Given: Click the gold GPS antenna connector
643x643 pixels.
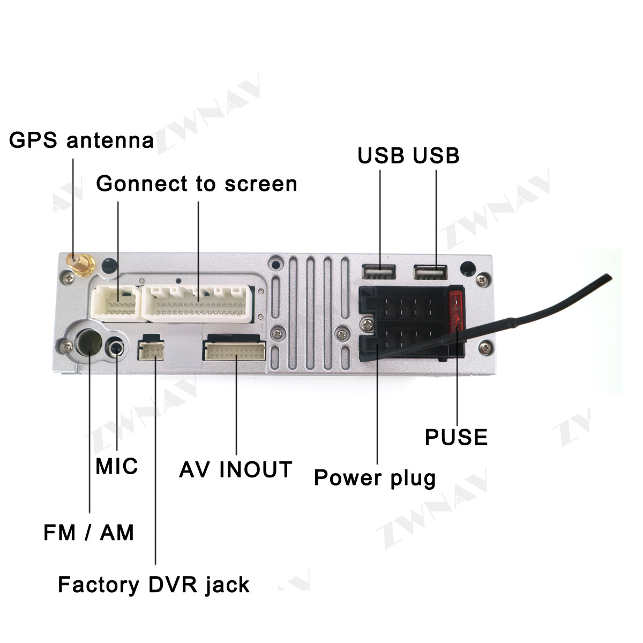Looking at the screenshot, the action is point(80,265).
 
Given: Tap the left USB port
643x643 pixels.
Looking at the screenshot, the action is point(379,272).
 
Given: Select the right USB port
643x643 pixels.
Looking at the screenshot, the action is point(430,272).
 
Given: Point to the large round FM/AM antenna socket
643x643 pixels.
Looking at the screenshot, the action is point(88,342).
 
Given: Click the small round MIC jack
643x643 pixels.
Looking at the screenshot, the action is point(115,348).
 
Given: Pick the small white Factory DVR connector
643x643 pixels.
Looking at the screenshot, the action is point(151,348).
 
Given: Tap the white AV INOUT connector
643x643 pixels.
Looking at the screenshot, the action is point(234,349).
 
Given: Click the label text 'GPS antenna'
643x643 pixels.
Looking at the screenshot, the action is point(81,140).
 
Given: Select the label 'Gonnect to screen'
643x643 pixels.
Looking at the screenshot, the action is point(197,184).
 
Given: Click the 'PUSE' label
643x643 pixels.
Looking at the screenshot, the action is point(456,437).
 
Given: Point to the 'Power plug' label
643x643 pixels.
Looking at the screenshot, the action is point(375,478).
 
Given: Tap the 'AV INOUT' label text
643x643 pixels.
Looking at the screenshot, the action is point(236,469).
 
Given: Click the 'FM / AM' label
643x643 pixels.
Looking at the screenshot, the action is point(89,532).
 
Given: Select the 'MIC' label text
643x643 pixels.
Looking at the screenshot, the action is point(116,466).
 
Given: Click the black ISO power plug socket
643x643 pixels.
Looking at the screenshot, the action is point(411,324).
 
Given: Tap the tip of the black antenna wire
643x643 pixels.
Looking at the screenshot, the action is point(610,276).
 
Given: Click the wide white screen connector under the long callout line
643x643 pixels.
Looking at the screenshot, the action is point(197,304).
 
